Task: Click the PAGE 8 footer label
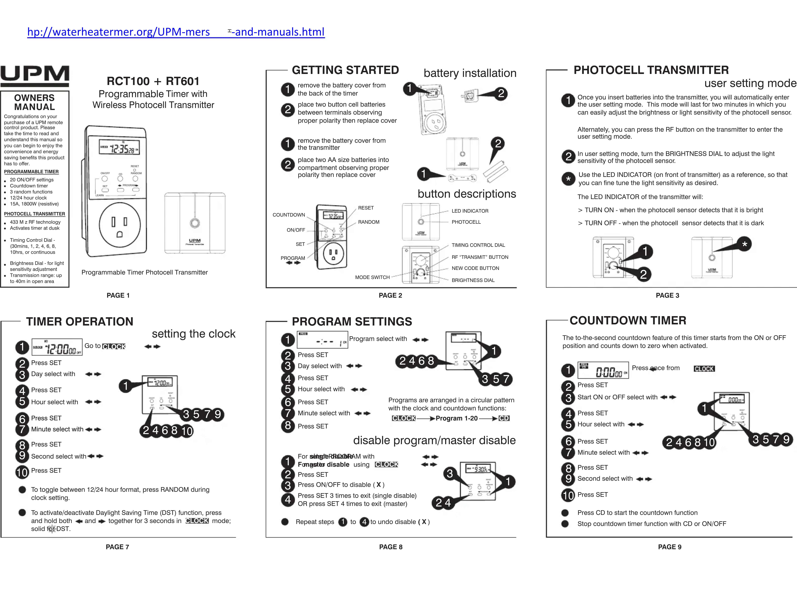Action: (x=391, y=547)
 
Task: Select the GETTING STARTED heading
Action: (x=345, y=70)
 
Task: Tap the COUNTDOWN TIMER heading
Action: (x=628, y=321)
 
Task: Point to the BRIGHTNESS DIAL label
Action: (x=473, y=280)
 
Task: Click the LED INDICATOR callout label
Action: (x=470, y=211)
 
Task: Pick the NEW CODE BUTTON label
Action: (x=475, y=268)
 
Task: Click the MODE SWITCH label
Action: (x=372, y=277)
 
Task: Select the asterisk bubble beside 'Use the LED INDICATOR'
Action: (x=568, y=179)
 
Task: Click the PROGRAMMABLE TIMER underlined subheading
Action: (x=31, y=172)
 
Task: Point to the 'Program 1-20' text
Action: (x=457, y=418)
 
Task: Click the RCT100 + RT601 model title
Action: (x=153, y=81)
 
